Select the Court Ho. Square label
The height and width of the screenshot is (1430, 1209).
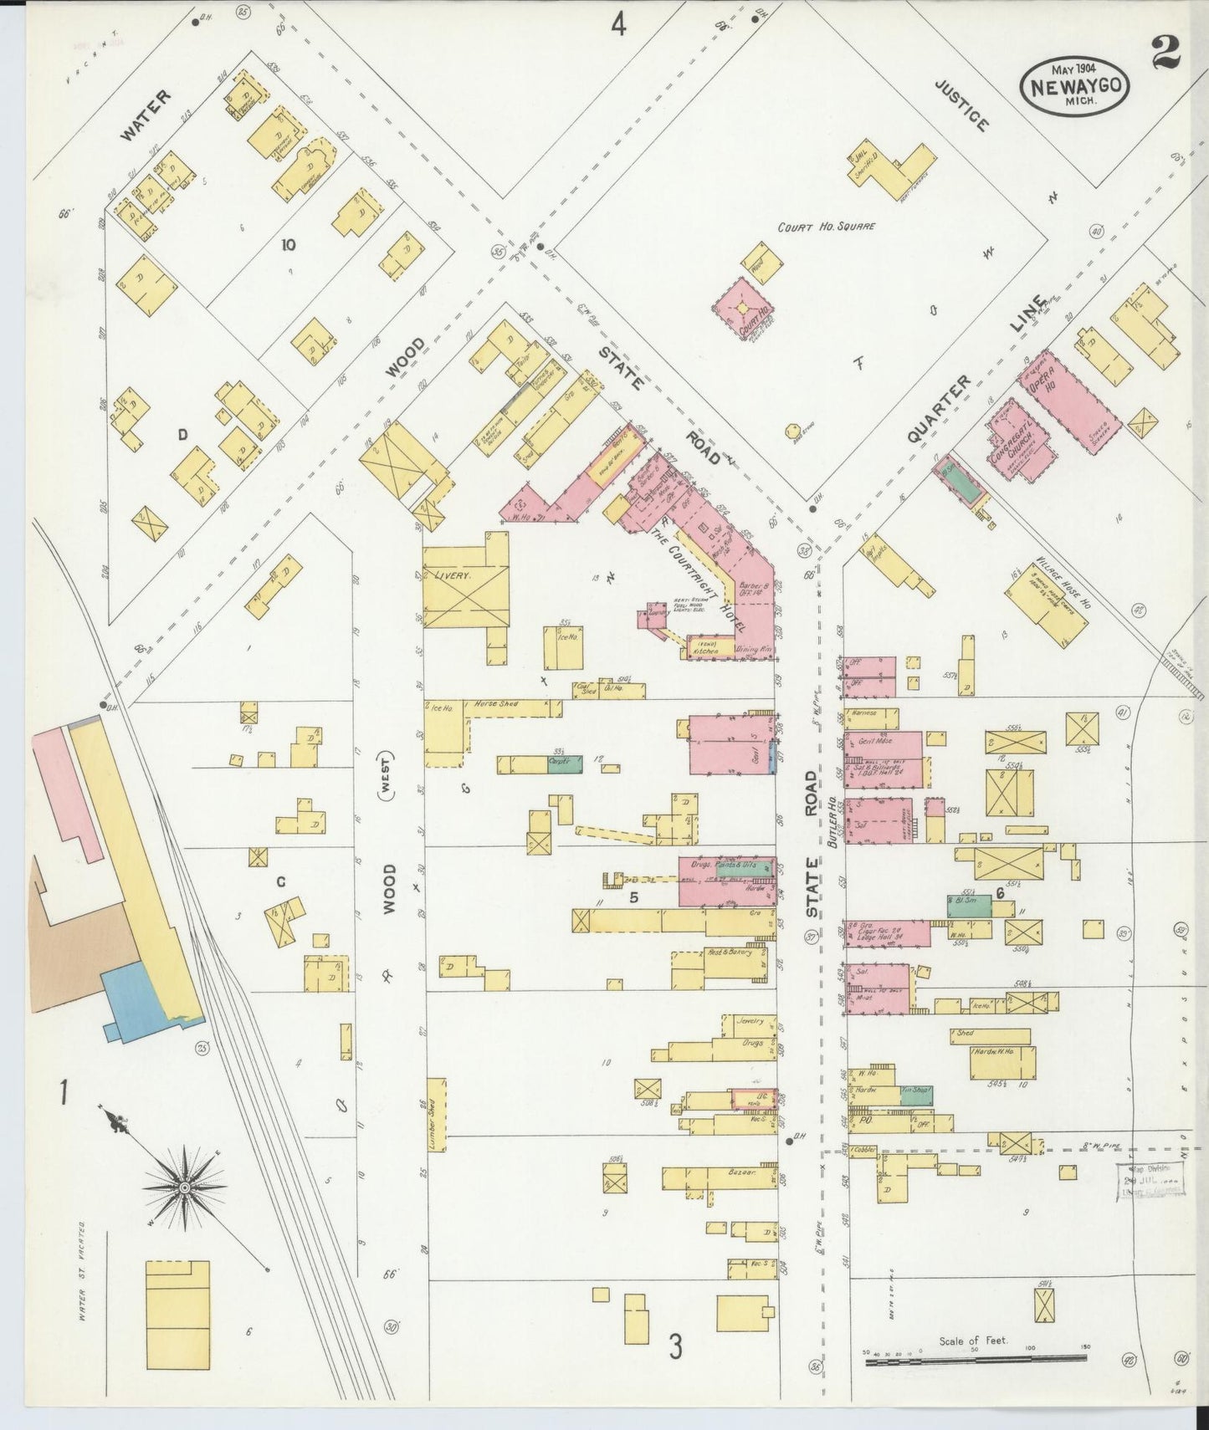[826, 227]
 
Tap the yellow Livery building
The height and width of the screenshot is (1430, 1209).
[465, 585]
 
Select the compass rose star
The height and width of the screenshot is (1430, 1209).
[182, 1186]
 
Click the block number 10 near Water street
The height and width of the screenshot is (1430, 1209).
[288, 245]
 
